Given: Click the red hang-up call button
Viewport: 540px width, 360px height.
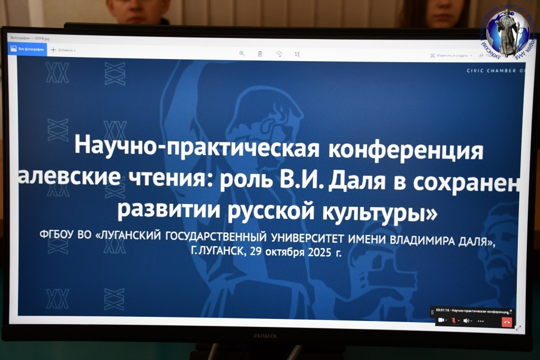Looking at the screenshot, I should (x=507, y=321).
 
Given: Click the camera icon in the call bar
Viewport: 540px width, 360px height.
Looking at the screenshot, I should (x=441, y=320).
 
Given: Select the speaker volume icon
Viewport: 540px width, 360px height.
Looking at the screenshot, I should (x=466, y=320).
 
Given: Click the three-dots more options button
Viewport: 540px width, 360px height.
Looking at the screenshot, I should (x=480, y=320).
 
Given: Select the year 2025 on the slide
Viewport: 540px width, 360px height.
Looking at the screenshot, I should (x=320, y=252).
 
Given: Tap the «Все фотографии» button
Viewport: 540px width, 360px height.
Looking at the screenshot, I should (x=27, y=49).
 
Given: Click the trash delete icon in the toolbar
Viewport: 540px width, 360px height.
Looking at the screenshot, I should (x=260, y=53).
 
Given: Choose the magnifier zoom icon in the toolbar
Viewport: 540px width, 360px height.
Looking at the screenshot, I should (x=242, y=53).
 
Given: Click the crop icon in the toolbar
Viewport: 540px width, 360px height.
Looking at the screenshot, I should (x=297, y=54).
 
